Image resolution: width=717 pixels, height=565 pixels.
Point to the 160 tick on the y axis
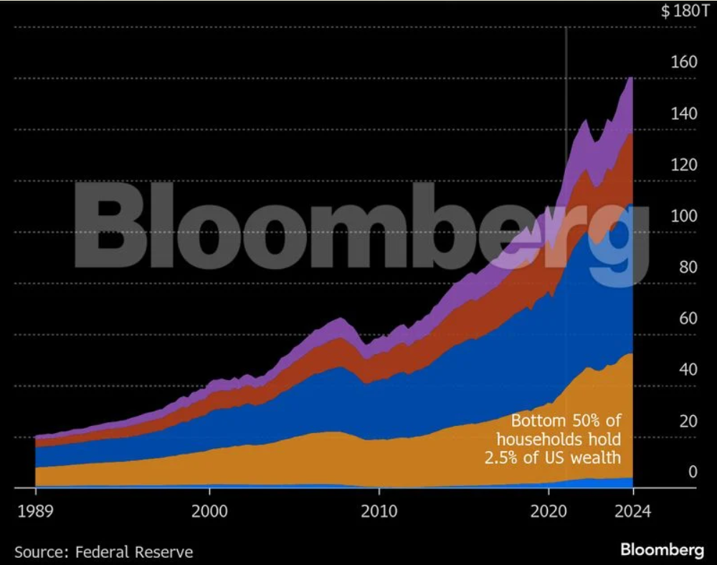click(684, 62)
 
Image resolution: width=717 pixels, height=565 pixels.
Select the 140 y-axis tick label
click(684, 113)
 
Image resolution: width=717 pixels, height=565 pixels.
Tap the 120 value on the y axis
click(684, 165)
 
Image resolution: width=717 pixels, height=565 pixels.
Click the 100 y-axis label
click(684, 216)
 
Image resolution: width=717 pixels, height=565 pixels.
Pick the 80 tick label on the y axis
click(688, 267)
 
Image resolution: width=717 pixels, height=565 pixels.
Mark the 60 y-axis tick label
click(688, 318)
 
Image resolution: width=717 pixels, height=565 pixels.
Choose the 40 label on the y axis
click(688, 369)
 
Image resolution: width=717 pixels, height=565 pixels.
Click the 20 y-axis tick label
click(688, 421)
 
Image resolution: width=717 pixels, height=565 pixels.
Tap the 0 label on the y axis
click(693, 472)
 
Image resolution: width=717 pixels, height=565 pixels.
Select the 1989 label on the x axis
click(35, 512)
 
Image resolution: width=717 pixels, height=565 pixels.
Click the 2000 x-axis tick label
click(209, 512)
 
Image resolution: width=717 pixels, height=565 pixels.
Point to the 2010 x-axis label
click(379, 512)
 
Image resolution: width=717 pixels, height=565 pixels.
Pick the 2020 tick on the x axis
click(549, 512)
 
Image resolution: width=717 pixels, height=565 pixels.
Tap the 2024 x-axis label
click(632, 512)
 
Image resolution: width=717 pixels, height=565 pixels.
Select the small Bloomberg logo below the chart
click(661, 551)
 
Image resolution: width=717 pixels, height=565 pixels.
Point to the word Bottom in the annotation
click(538, 421)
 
